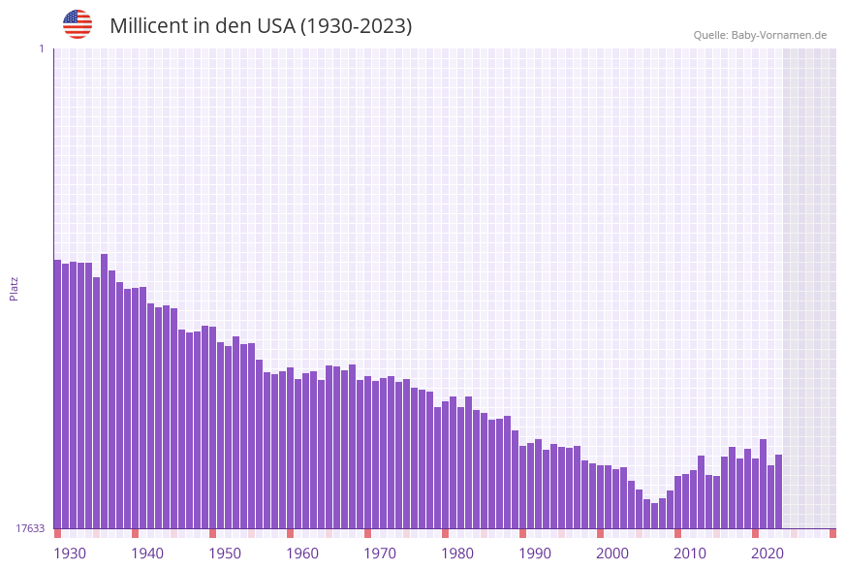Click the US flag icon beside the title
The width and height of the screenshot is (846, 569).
coord(78,24)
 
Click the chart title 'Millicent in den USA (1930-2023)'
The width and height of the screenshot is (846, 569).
coord(261,26)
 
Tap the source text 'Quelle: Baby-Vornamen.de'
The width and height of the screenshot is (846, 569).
coord(760,35)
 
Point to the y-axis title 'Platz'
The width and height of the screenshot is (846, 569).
coord(15,288)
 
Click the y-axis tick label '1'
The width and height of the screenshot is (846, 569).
coord(42,48)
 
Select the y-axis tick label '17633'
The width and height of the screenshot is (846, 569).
coord(30,528)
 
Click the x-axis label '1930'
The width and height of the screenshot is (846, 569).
coord(70,553)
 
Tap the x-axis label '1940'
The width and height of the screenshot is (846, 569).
coord(147,553)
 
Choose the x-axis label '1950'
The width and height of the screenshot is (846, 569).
coord(225,553)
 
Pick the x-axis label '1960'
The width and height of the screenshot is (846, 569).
coord(302,553)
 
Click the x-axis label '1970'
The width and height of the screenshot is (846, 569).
coord(380,553)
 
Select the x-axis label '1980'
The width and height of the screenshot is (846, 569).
coord(457,553)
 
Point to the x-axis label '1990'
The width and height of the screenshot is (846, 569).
coord(535,553)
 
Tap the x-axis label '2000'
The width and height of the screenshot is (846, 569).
coord(612,553)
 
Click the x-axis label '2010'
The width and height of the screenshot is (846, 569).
coord(690,553)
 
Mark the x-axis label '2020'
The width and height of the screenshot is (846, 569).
coord(768,553)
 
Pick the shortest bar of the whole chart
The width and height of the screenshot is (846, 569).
coord(654,516)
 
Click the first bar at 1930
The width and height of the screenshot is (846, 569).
coord(57,394)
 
